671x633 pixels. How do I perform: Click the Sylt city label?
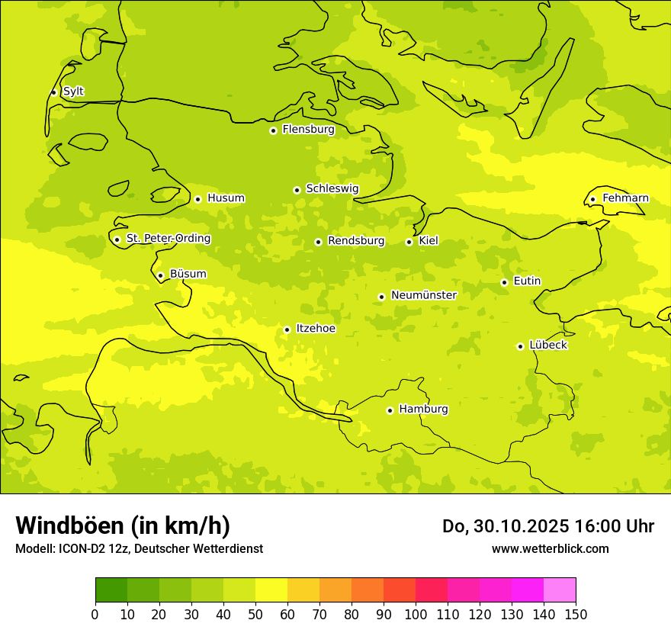[73, 92]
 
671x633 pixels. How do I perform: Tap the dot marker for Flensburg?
[273, 130]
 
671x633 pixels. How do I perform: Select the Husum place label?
[226, 198]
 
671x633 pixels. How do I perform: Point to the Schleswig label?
[332, 188]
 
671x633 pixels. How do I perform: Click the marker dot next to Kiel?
[409, 242]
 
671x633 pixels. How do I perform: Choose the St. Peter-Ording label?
[168, 239]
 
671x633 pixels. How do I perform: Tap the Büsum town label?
[188, 274]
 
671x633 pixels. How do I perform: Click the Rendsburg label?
[355, 241]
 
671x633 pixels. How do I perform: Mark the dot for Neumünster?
[381, 297]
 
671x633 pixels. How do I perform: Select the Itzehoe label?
[315, 329]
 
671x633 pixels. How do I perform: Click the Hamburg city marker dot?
[390, 410]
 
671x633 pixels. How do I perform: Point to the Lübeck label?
[547, 345]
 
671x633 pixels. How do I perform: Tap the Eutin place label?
[527, 281]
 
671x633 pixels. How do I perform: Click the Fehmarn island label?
[625, 198]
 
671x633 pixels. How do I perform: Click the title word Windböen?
[69, 525]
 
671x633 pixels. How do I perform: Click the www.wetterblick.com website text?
[550, 548]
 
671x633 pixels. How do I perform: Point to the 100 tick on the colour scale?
[416, 614]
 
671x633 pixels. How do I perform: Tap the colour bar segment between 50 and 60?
[271, 590]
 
